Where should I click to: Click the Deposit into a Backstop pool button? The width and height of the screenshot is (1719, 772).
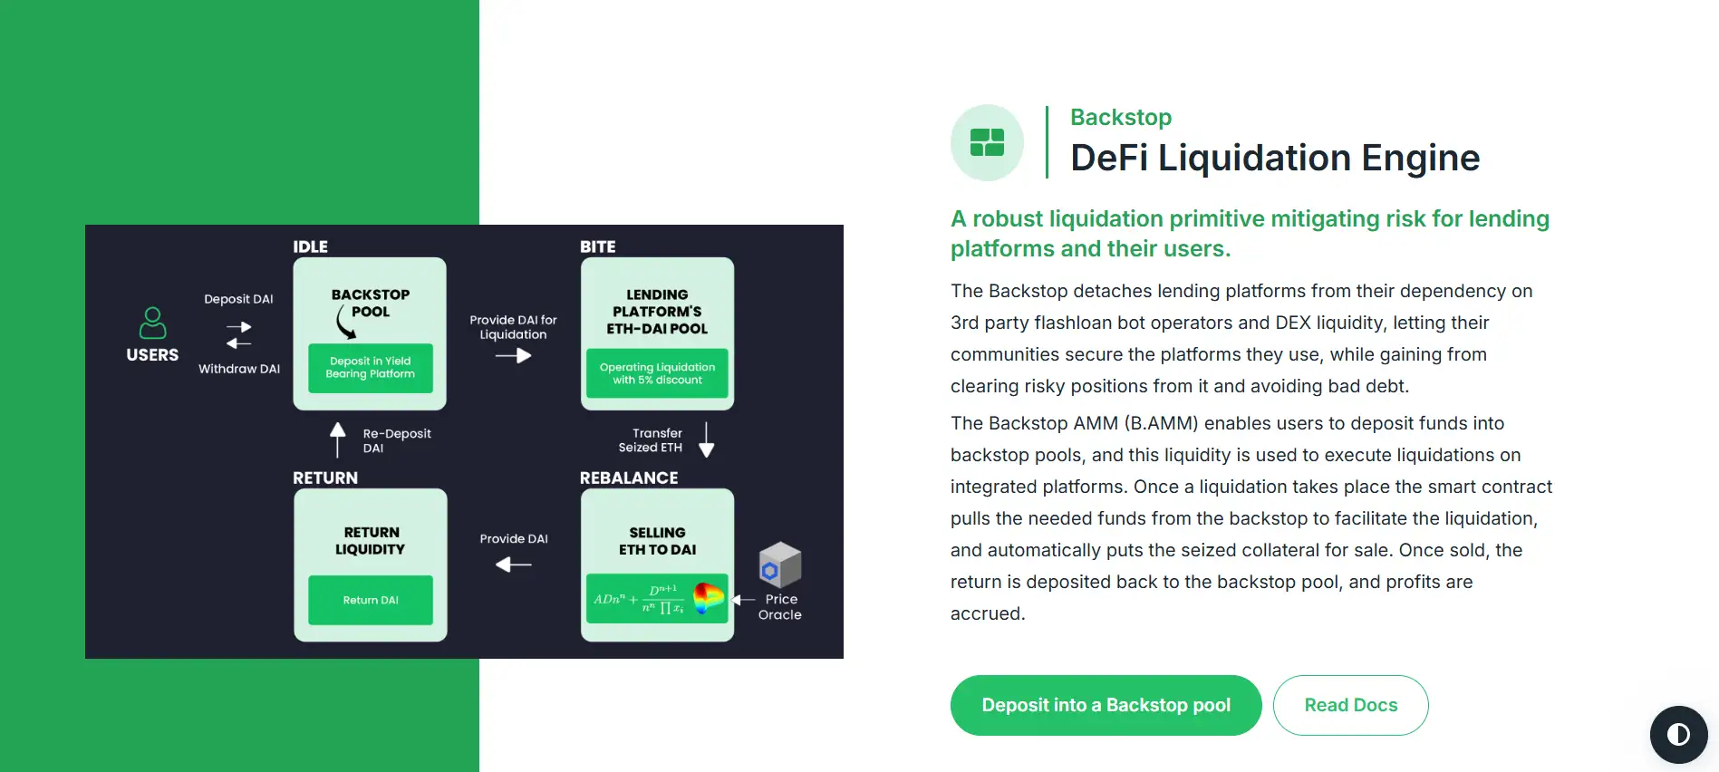point(1106,705)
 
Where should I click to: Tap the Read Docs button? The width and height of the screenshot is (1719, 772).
point(1350,705)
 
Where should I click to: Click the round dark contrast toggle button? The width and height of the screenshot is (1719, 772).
point(1678,734)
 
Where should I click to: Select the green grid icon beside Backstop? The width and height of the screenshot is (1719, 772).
point(987,142)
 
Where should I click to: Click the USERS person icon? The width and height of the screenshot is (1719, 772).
point(152,323)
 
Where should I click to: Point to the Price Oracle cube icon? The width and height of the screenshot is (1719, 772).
point(779,564)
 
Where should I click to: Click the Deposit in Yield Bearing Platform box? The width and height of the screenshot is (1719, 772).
point(370,368)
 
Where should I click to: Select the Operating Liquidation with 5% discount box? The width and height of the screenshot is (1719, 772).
point(657,373)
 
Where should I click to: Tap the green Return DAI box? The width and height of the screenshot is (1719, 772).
point(370,600)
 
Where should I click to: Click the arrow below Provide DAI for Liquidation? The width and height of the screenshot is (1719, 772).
point(513,356)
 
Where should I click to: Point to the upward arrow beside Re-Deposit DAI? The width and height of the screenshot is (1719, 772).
point(338,439)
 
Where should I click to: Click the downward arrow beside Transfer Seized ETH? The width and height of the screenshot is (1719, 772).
point(707,439)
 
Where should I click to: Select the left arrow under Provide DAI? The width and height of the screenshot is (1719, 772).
point(513,565)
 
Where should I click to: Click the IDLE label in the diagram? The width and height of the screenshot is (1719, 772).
point(310,246)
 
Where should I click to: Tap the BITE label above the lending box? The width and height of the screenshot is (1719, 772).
point(597,246)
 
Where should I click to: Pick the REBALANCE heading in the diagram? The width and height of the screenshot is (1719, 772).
point(628,478)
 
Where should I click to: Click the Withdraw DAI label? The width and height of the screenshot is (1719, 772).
point(239,369)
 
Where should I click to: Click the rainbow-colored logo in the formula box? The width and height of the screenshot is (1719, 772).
point(708,598)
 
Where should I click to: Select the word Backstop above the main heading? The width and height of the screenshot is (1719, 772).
point(1120,117)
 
